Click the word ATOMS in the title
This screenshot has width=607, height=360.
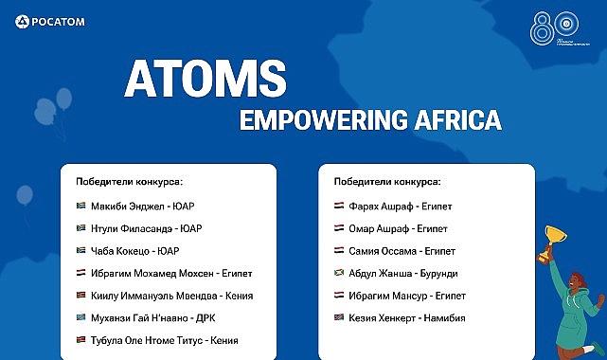tap(205, 81)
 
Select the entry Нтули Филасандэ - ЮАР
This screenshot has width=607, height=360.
tap(146, 227)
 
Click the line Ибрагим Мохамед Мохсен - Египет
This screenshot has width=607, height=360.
tap(171, 273)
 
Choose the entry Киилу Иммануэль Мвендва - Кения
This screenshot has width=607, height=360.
tap(171, 295)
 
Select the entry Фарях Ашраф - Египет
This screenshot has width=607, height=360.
tap(399, 205)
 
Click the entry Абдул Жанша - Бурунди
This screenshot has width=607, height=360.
tap(402, 273)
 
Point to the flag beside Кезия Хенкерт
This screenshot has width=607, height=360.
tap(339, 317)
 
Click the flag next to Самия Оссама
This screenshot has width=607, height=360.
tap(339, 250)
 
